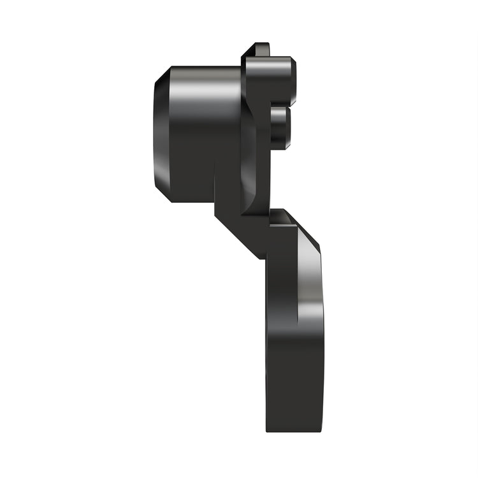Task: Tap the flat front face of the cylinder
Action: point(162,134)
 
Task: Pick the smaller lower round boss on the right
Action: point(280,127)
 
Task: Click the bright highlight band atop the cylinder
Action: point(204,89)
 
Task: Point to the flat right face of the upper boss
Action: point(294,80)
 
